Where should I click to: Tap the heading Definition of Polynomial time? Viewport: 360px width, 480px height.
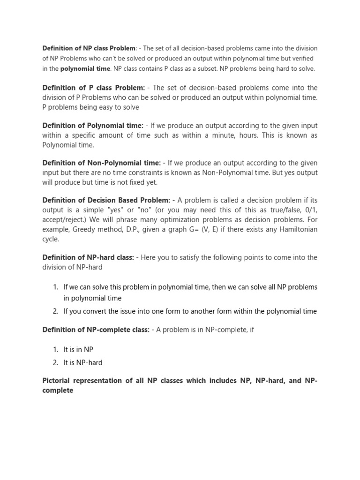pyautogui.click(x=93, y=126)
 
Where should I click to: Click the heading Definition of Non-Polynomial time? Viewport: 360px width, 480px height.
pyautogui.click(x=101, y=163)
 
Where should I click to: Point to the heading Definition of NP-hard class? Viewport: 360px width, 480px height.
pyautogui.click(x=88, y=257)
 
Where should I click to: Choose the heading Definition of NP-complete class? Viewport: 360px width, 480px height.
pyautogui.click(x=96, y=330)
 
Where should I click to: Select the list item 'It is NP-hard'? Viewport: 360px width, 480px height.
pyautogui.click(x=83, y=362)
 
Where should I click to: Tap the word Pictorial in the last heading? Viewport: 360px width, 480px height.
pyautogui.click(x=58, y=381)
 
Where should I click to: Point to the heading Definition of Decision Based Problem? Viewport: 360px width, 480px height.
pyautogui.click(x=106, y=201)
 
